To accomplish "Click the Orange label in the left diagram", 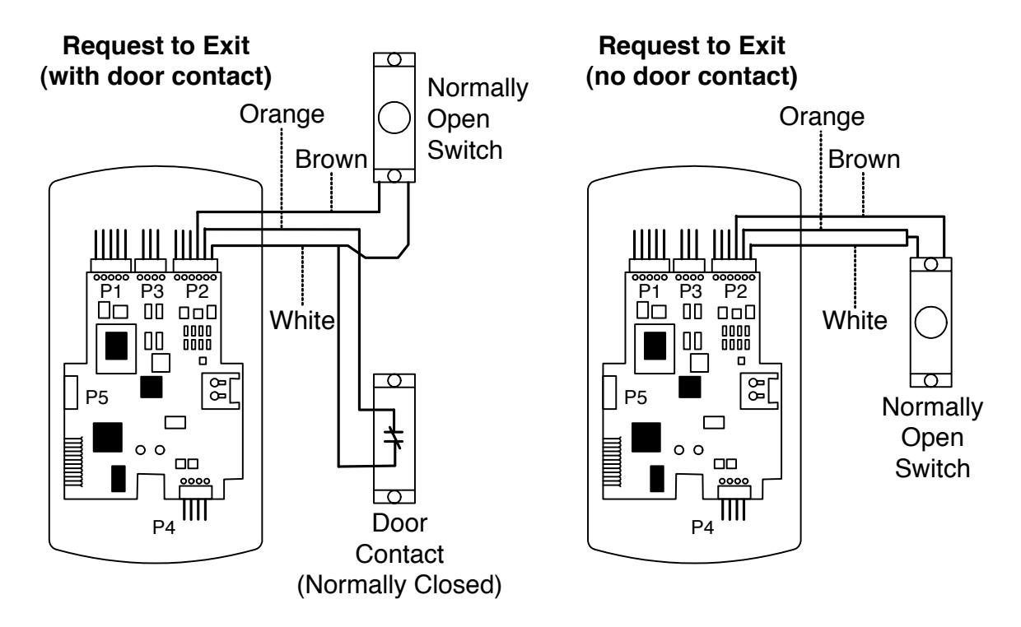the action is [282, 114].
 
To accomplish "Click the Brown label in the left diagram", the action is [331, 160].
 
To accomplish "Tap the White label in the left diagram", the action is [302, 320].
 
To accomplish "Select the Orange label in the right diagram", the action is [822, 117].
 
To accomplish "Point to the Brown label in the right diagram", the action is [864, 160].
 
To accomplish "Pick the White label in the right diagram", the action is [855, 320].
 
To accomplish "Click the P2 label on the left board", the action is [197, 291].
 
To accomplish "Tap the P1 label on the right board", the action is [649, 291].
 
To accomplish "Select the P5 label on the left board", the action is [96, 397].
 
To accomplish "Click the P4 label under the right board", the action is [702, 527].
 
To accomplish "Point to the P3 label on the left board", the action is [152, 291].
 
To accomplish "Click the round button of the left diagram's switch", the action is [394, 118].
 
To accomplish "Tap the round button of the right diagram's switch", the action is [930, 322].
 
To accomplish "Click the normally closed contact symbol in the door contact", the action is [394, 437].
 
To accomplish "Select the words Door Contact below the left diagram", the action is [399, 539].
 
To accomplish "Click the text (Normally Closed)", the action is [399, 585].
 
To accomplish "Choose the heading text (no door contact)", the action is [692, 76].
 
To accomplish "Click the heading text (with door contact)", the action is [156, 76].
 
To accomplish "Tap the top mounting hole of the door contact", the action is [394, 381].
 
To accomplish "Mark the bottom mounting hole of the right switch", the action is [930, 380].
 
